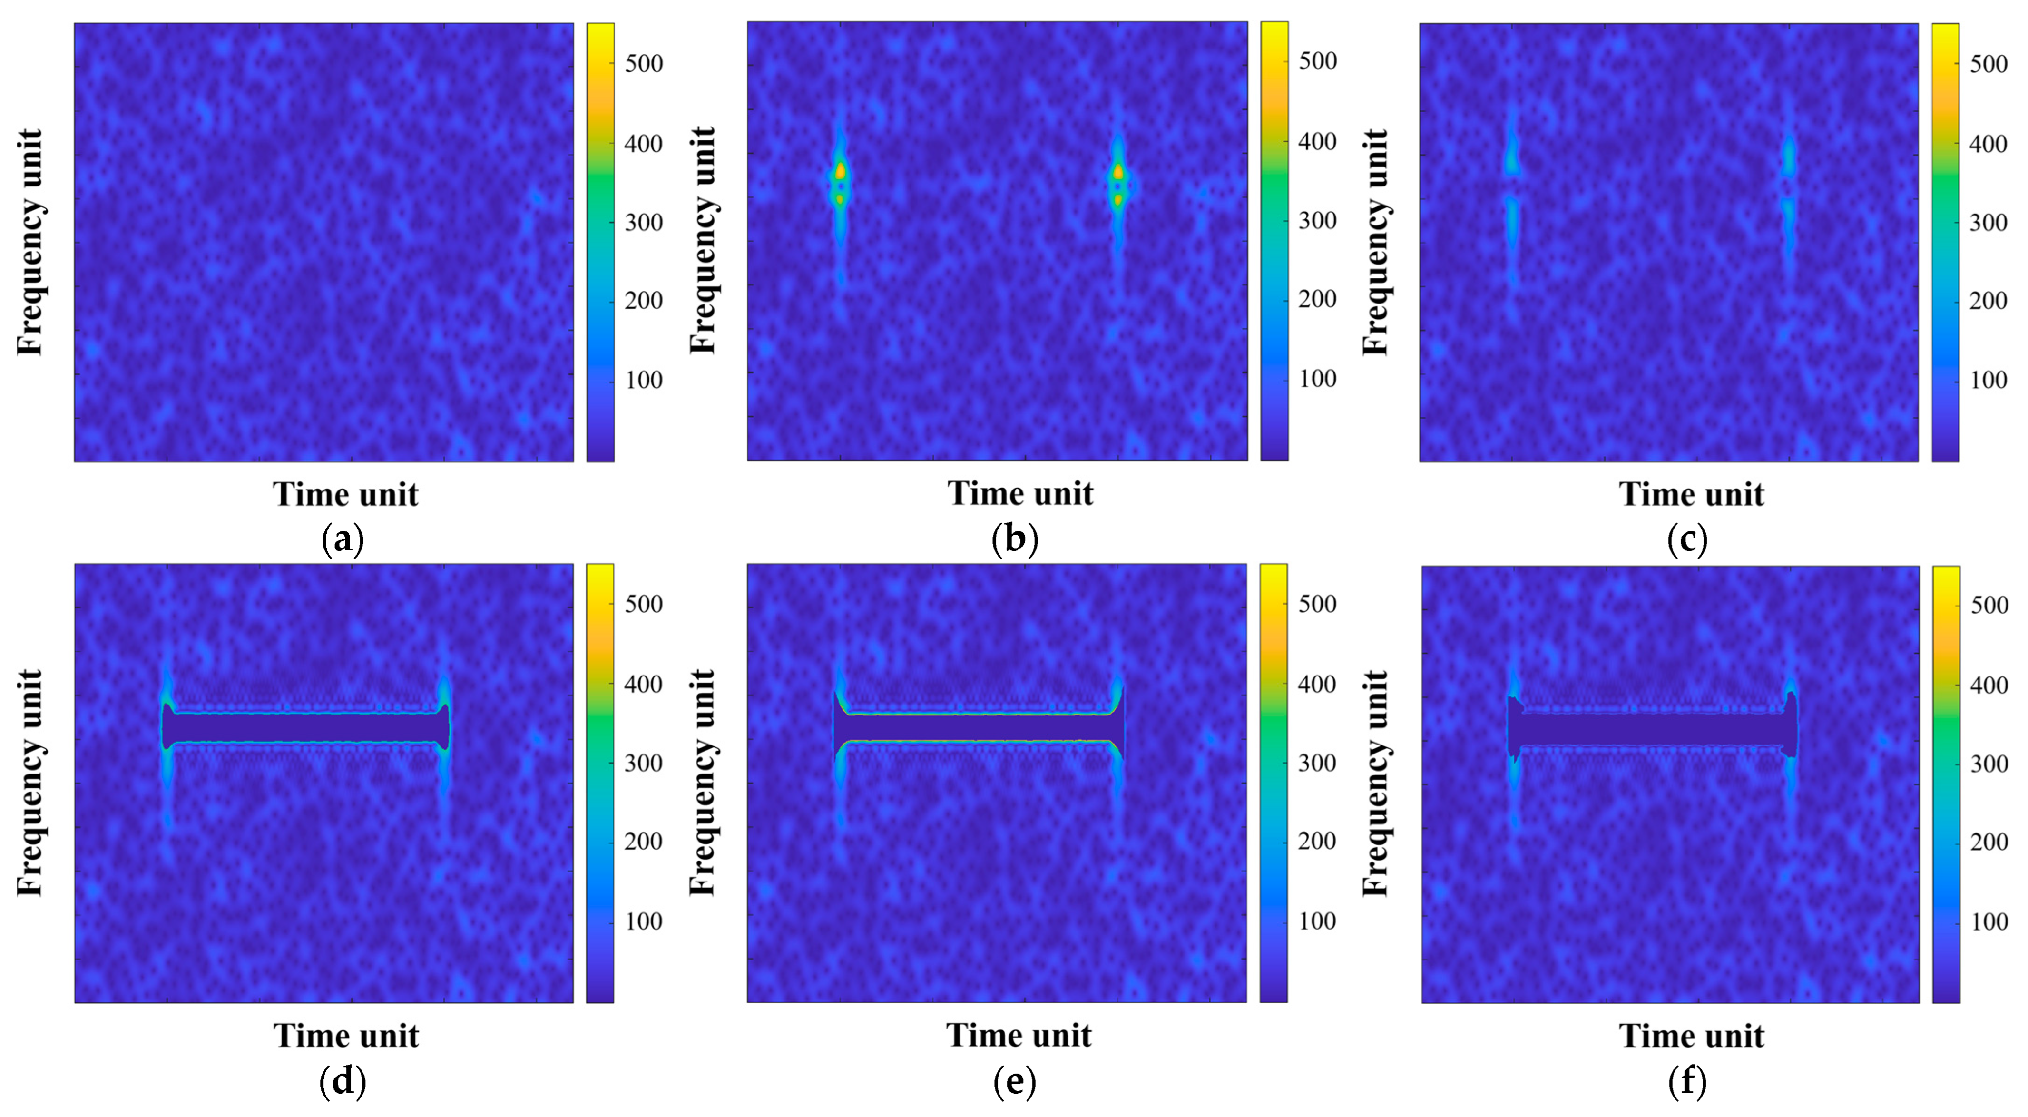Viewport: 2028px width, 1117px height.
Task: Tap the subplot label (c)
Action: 1687,541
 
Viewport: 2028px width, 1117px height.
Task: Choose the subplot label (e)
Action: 1015,1082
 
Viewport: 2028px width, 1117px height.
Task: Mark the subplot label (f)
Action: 1687,1082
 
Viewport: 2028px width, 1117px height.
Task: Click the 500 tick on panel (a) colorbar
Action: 643,64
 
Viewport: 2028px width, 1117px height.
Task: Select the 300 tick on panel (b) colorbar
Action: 1317,221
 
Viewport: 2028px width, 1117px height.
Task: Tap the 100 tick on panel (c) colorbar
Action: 1988,380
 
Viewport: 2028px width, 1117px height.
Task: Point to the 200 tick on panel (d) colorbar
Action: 643,842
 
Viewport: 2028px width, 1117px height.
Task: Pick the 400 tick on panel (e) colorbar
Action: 1317,685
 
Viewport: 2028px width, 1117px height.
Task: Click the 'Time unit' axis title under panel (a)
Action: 345,494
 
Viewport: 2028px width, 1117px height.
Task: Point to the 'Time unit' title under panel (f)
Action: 1691,1036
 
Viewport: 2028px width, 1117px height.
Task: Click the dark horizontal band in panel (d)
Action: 305,729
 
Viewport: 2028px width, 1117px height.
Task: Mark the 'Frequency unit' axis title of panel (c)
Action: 1375,242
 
